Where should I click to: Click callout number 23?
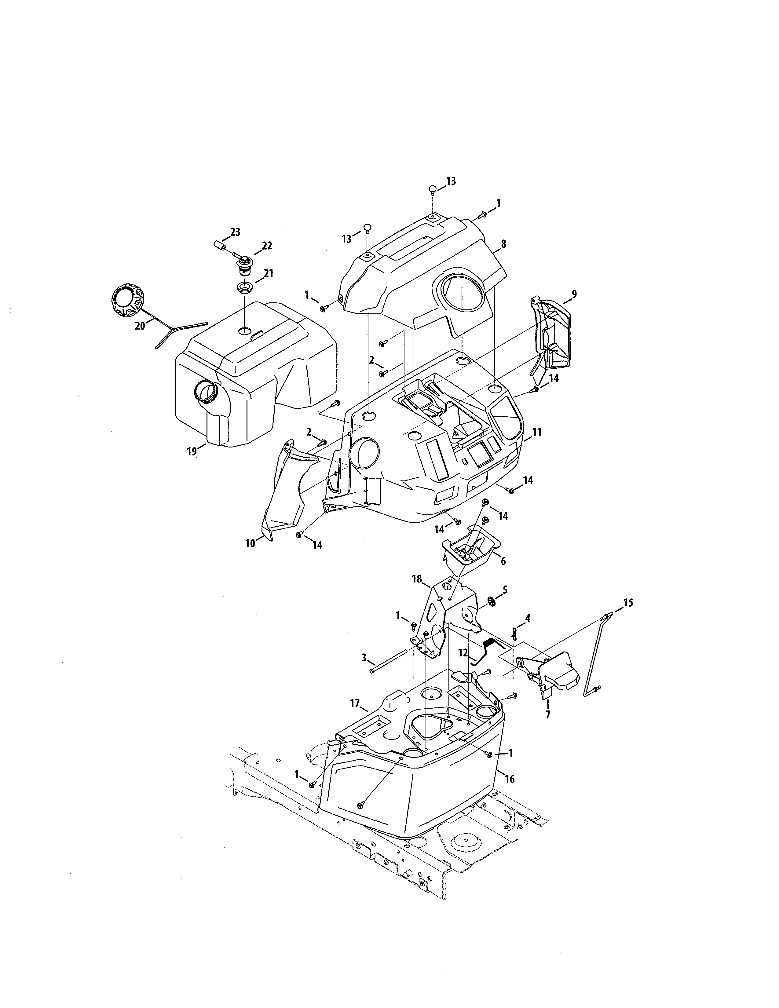click(235, 232)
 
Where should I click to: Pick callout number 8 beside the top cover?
click(503, 244)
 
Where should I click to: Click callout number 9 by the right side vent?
click(574, 294)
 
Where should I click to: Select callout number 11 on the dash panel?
click(536, 433)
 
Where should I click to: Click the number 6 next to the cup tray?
click(503, 561)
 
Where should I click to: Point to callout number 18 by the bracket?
click(417, 579)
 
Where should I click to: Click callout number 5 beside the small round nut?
click(505, 590)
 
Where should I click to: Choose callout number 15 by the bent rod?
click(628, 602)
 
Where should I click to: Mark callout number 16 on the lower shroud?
click(510, 779)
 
